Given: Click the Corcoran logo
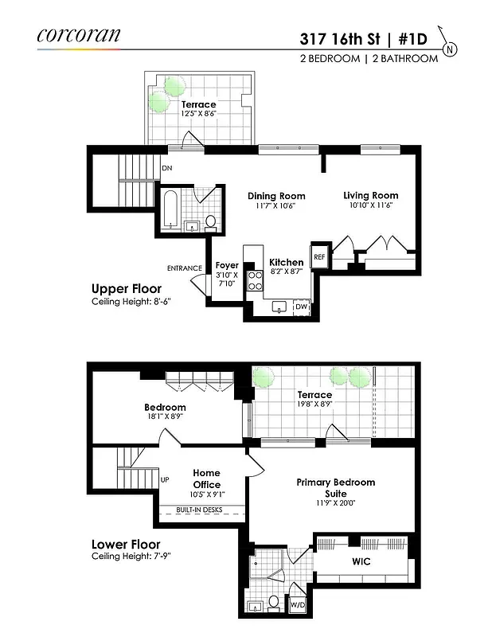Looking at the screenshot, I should (x=79, y=35).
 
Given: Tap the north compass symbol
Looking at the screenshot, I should (x=451, y=49).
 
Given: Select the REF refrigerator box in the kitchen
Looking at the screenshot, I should (x=319, y=257).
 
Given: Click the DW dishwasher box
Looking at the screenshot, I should (x=301, y=306).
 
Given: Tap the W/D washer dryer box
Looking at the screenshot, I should (x=297, y=604).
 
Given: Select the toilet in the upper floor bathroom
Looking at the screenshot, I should (x=211, y=221).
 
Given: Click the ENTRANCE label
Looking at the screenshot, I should (x=185, y=268).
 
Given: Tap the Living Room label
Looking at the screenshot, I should (x=370, y=195).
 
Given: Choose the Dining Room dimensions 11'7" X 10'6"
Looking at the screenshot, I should (x=275, y=205).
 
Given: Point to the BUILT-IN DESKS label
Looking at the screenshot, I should (x=199, y=509).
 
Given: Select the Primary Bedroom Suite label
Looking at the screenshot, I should (x=335, y=488).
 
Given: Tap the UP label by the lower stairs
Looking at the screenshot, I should (x=165, y=480).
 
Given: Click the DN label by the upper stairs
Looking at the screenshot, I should (x=166, y=169).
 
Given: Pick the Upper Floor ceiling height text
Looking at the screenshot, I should (x=131, y=303).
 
